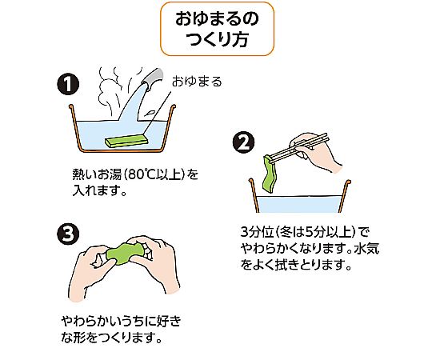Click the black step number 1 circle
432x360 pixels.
pyautogui.click(x=68, y=84)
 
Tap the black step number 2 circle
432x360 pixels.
pyautogui.click(x=244, y=142)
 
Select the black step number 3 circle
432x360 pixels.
pyautogui.click(x=68, y=234)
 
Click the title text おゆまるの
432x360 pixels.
pyautogui.click(x=217, y=19)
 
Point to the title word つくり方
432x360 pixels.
pyautogui.click(x=217, y=39)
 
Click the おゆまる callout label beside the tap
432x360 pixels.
pyautogui.click(x=197, y=82)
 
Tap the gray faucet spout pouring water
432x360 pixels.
pyautogui.click(x=152, y=78)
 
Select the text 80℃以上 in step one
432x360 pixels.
pyautogui.click(x=156, y=174)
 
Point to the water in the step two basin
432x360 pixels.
pyautogui.click(x=299, y=204)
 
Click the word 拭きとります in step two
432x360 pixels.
pyautogui.click(x=310, y=265)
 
